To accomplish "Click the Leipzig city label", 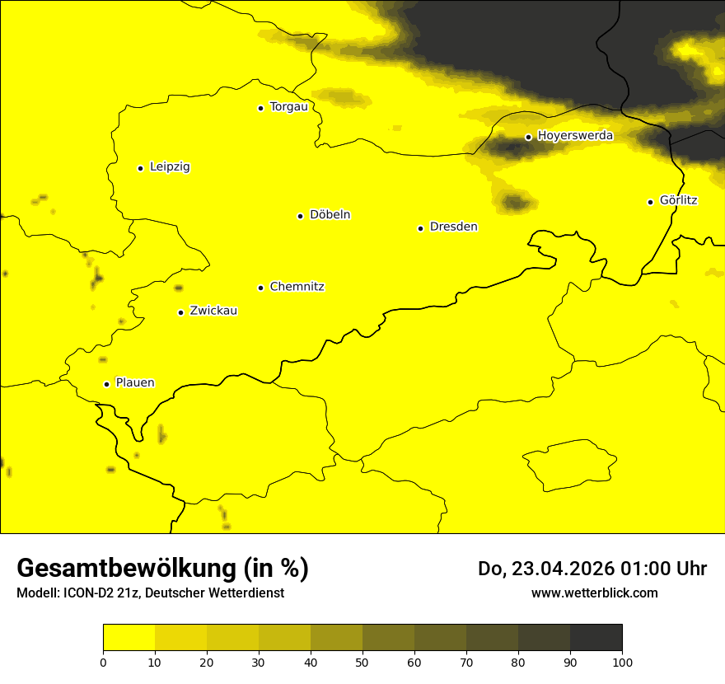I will pyautogui.click(x=170, y=167).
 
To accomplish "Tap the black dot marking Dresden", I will pyautogui.click(x=420, y=228).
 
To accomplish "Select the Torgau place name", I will pyautogui.click(x=288, y=107).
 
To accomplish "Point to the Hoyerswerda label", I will pyautogui.click(x=575, y=136).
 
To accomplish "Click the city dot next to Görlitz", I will pyautogui.click(x=650, y=202).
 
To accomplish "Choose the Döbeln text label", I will pyautogui.click(x=330, y=215).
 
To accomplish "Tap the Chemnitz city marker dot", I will pyautogui.click(x=260, y=288).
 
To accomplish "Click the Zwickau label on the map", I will pyautogui.click(x=213, y=311).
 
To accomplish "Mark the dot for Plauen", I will pyautogui.click(x=106, y=384).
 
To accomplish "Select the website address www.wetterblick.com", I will pyautogui.click(x=594, y=593).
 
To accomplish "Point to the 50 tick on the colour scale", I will pyautogui.click(x=362, y=662).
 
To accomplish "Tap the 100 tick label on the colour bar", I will pyautogui.click(x=622, y=662).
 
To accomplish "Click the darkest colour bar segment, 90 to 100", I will pyautogui.click(x=596, y=638).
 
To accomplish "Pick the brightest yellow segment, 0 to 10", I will pyautogui.click(x=129, y=638).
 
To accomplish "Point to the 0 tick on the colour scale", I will pyautogui.click(x=103, y=662).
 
